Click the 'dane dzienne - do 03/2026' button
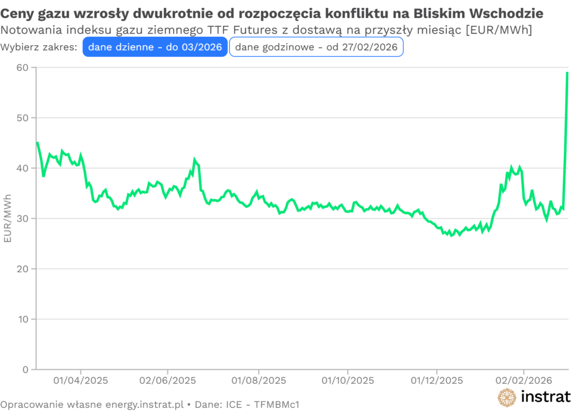[155, 47]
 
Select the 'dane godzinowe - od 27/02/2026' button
[316, 47]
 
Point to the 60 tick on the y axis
[25, 68]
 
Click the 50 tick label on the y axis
[25, 118]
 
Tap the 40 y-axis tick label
[25, 168]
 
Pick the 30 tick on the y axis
[25, 218]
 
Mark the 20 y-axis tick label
[25, 269]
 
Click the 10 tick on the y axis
[25, 319]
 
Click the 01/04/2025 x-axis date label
[81, 381]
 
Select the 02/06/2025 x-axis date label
[167, 381]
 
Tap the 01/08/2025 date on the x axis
[259, 381]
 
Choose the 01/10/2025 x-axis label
[347, 381]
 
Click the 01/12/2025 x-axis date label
[437, 381]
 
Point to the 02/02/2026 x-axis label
[523, 381]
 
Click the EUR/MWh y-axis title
[8, 218]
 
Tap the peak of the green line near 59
[567, 73]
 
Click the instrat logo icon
[507, 397]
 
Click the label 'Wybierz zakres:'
[39, 47]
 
